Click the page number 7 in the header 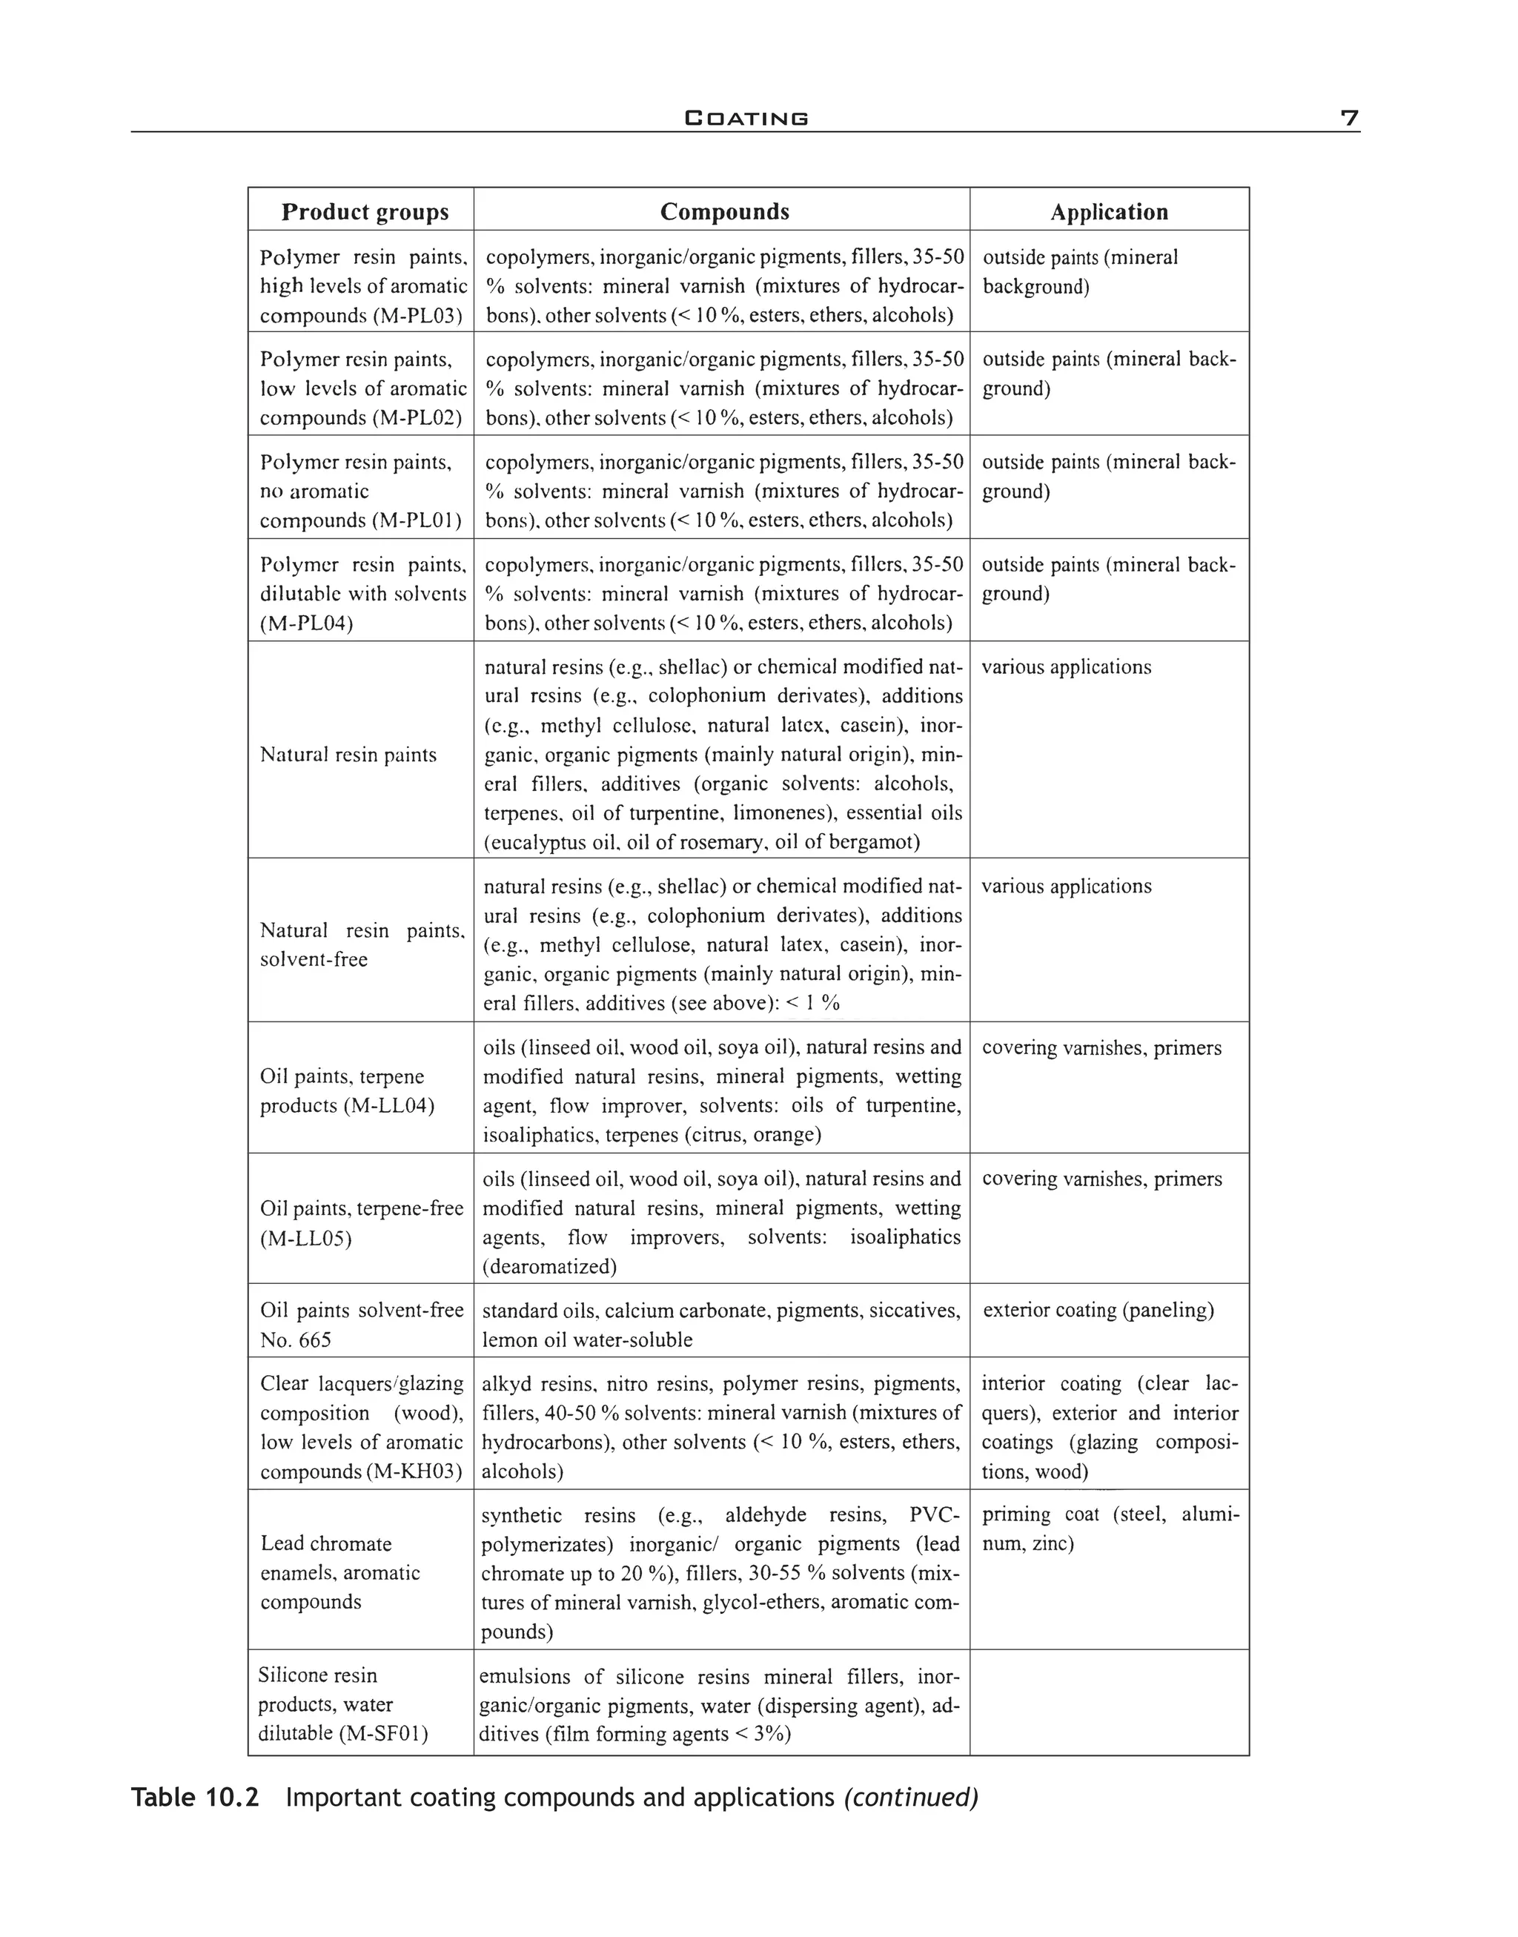pos(1349,118)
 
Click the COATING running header pos(746,118)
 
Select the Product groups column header pos(365,211)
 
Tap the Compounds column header pos(724,211)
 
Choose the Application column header pos(1109,211)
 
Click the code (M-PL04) pos(307,623)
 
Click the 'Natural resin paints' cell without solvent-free pos(348,755)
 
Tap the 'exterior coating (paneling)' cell pos(1098,1311)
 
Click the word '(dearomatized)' pos(549,1267)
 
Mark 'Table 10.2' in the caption pos(195,1798)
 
